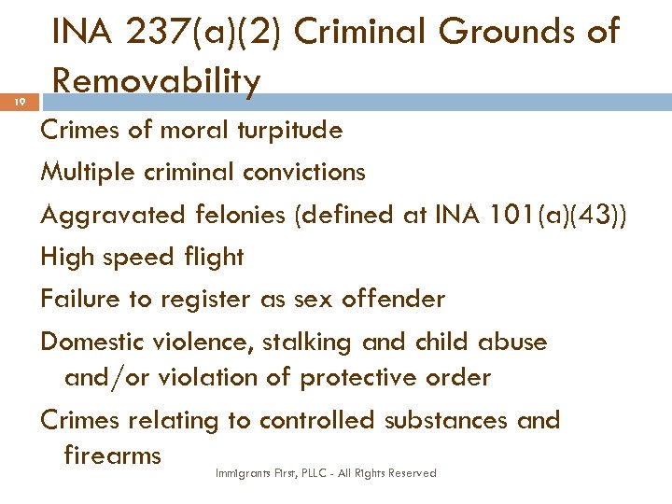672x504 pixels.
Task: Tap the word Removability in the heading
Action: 156,81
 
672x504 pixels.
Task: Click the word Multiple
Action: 84,172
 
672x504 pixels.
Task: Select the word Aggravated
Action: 112,215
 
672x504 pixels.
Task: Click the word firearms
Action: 112,455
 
